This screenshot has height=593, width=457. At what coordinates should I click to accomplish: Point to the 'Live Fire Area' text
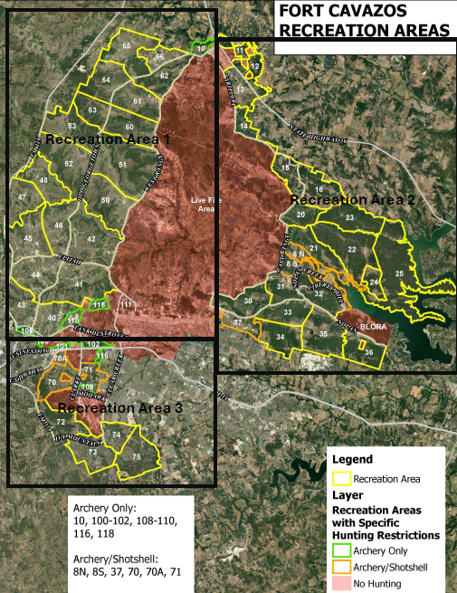tap(204, 204)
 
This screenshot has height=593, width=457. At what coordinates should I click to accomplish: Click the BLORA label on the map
tap(373, 328)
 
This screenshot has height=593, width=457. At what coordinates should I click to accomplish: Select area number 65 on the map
tap(127, 45)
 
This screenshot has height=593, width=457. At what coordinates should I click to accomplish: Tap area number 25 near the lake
tap(399, 273)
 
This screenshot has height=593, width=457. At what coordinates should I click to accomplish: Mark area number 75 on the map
tap(136, 457)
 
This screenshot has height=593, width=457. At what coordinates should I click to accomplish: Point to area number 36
tap(368, 351)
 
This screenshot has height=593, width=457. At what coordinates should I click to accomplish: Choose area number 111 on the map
tap(126, 303)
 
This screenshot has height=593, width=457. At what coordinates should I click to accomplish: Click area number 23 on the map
tap(349, 218)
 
